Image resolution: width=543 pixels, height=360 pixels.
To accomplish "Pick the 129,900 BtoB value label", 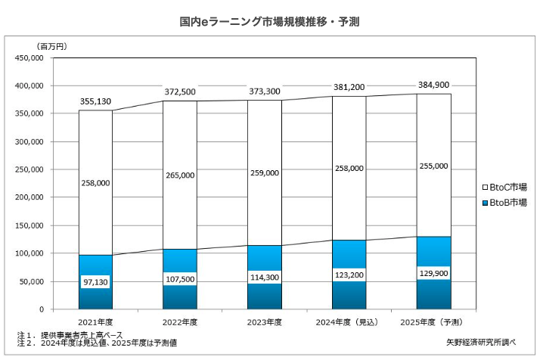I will [433, 270].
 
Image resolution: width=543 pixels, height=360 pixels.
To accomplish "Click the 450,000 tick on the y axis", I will [31, 57].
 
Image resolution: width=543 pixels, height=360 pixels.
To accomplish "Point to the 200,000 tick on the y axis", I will [31, 197].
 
